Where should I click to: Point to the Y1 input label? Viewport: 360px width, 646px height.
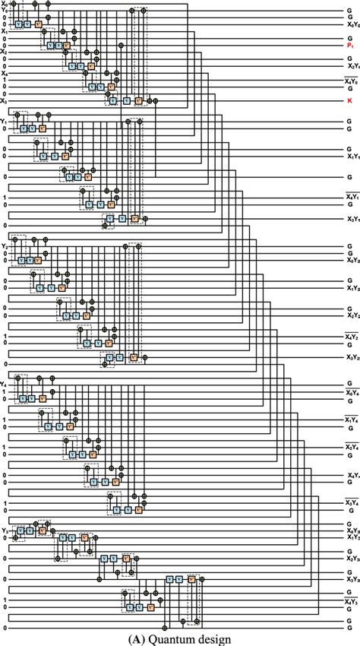(4, 120)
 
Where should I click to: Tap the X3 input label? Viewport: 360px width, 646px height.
(4, 100)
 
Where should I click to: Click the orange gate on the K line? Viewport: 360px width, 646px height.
(138, 100)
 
